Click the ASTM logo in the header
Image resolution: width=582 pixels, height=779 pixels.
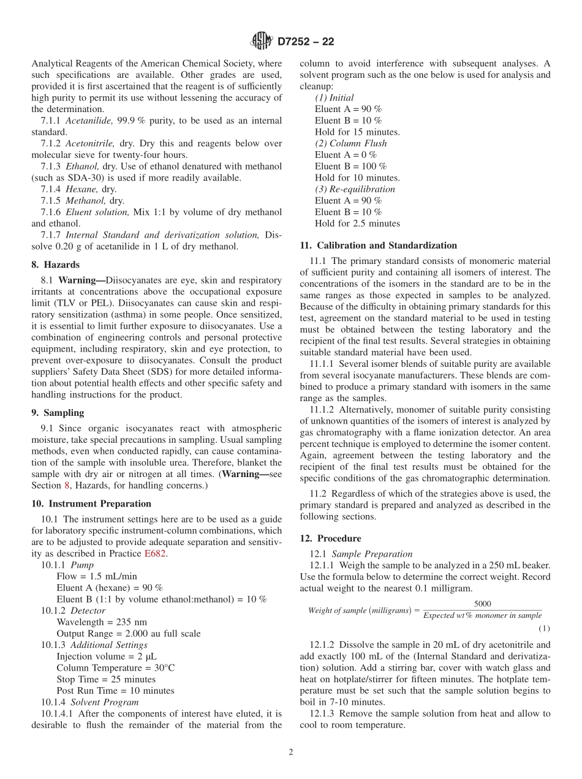(262, 42)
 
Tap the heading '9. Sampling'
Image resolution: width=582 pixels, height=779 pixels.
(58, 413)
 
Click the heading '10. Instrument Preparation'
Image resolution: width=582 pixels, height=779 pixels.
(91, 503)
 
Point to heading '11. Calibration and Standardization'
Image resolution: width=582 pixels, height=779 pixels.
(378, 246)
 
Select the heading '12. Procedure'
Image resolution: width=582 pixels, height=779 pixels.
(330, 538)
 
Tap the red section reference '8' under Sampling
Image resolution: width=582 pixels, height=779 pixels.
(67, 486)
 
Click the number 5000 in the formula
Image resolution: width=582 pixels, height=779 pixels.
(482, 604)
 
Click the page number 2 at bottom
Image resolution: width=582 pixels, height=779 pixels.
(291, 753)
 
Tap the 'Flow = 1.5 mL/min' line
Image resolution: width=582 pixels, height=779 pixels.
(97, 576)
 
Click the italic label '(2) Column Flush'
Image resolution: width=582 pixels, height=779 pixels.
(350, 143)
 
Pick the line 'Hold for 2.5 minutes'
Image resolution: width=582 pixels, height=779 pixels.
(357, 224)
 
